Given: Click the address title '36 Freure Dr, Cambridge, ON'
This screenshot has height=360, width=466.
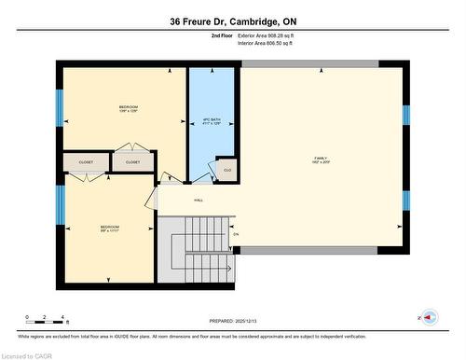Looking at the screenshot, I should pos(232,21).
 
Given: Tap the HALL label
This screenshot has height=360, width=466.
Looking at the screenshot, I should pos(199,200).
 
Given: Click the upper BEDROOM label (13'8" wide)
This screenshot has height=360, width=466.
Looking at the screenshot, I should pos(129,109).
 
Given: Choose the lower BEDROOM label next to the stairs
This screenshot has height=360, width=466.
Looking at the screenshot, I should pos(110,228).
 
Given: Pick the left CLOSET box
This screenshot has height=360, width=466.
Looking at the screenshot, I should pos(85,161).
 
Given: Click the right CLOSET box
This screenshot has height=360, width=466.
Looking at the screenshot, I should pos(133,161).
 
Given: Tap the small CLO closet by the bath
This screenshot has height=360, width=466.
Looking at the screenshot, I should pos(226,170).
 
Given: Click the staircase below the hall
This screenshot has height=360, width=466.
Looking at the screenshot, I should pos(199,238).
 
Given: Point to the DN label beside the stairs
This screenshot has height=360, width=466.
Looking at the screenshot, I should pos(236,233).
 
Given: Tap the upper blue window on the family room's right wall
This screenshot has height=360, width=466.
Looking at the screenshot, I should pos(405,115).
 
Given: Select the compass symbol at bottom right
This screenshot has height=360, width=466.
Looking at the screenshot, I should pos(431,317).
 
